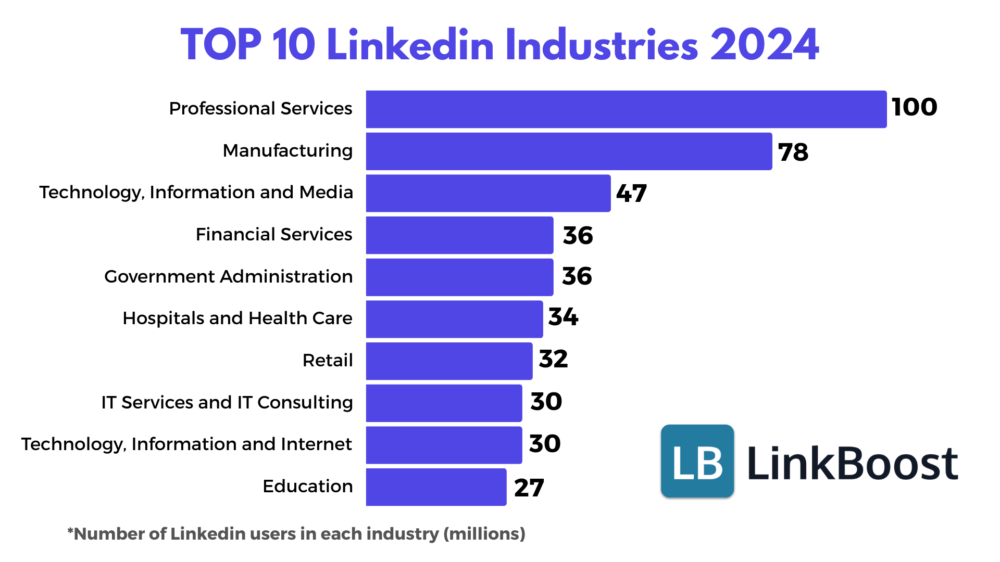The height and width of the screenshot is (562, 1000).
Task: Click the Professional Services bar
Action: coord(626,109)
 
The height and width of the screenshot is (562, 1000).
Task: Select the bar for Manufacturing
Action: coord(569,151)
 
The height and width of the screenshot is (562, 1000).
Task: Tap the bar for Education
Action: coord(436,487)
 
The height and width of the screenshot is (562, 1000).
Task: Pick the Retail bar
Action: coord(449,361)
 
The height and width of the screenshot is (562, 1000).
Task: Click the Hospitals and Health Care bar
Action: coord(454,319)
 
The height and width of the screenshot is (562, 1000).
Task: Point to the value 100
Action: coord(914,107)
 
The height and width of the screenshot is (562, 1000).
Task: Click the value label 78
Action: coord(793,152)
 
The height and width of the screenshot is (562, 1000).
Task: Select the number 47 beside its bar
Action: coord(631,194)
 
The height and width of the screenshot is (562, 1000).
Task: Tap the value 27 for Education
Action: coord(529,488)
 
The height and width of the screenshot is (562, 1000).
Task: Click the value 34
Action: coord(563,317)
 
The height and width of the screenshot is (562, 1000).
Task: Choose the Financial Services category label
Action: coord(274,235)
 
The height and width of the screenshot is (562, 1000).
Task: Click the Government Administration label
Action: coord(228,277)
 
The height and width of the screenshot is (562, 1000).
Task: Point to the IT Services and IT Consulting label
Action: coord(227,403)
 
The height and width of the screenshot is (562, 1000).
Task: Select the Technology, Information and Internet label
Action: coord(186,444)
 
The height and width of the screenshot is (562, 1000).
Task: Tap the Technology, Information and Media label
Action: coord(196,193)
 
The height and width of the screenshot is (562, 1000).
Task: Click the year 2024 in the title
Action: coord(765,45)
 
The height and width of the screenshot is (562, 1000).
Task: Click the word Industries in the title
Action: coord(602,45)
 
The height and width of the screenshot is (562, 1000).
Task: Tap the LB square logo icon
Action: coord(697,461)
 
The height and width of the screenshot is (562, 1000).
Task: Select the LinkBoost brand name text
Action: coord(853,463)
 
